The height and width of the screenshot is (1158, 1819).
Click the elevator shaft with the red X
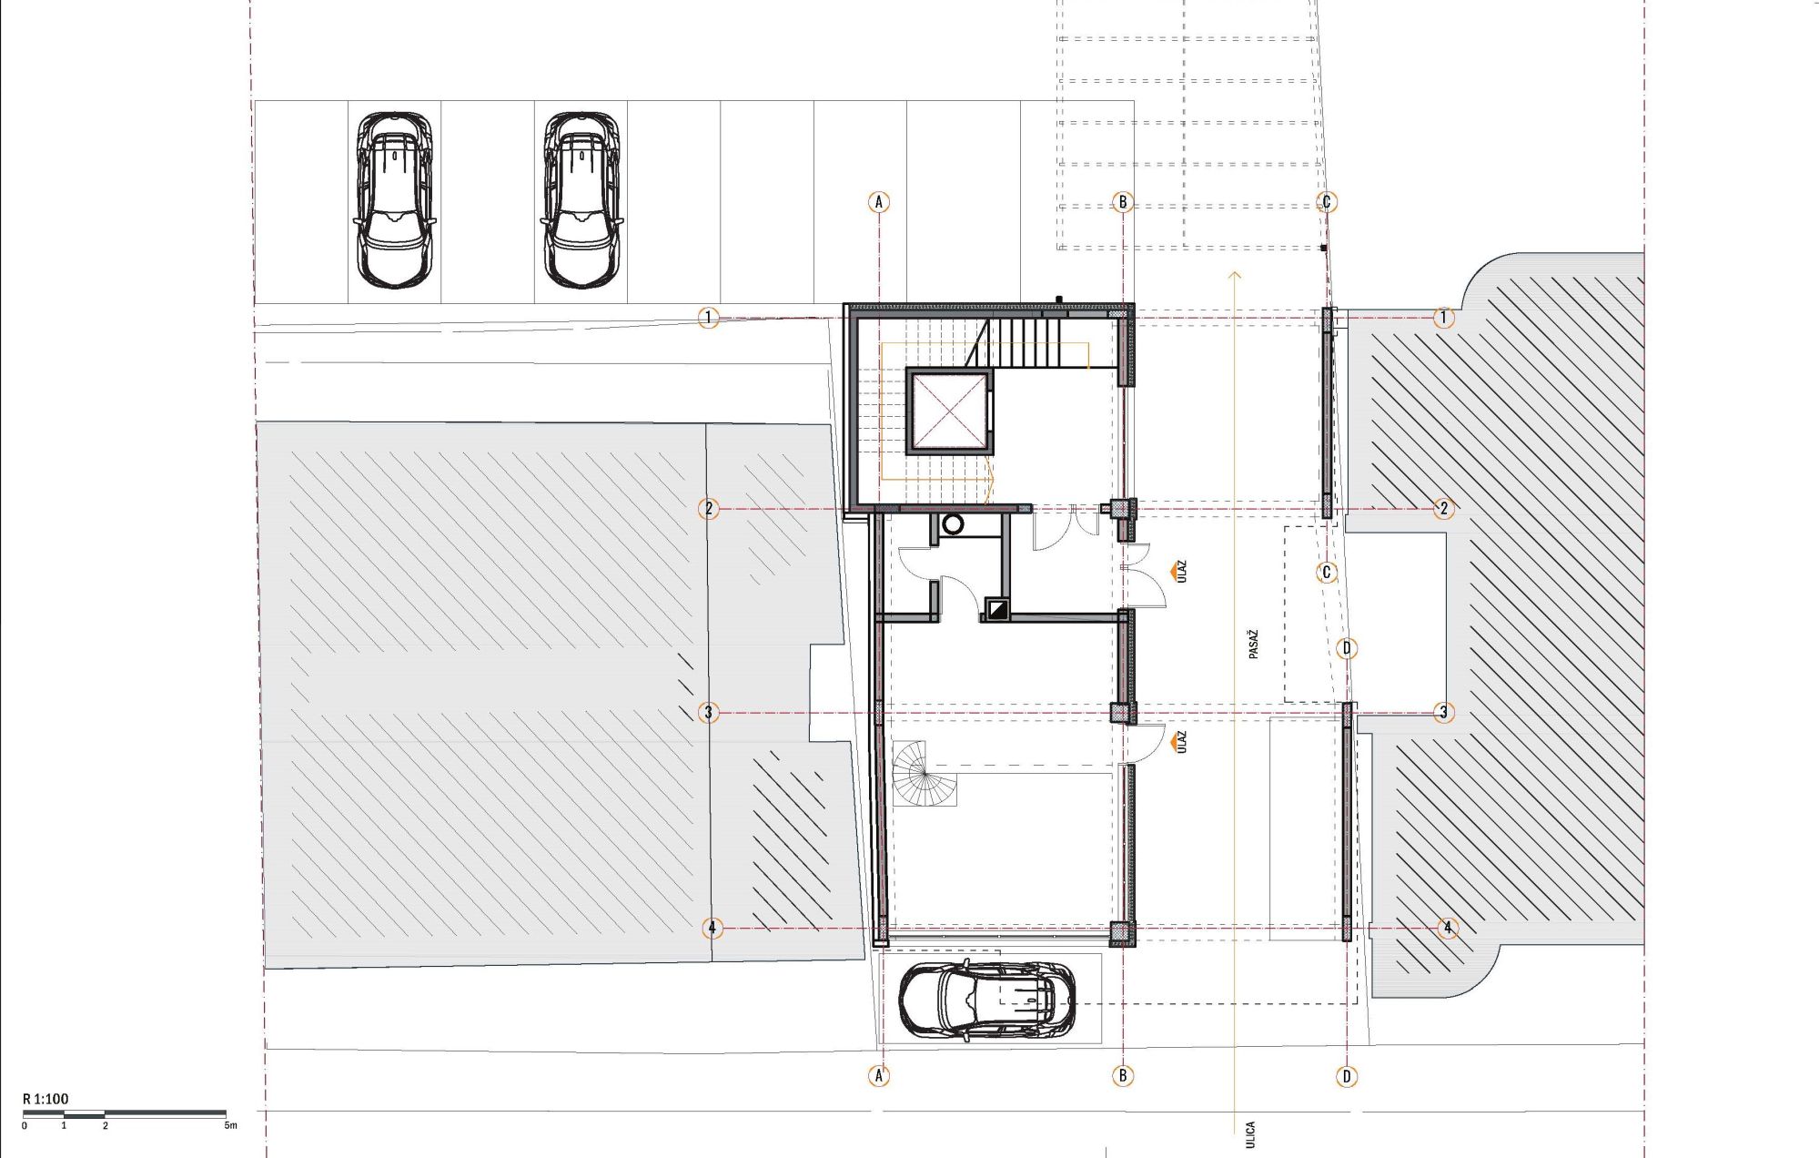[948, 411]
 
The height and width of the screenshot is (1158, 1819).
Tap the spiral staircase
[925, 773]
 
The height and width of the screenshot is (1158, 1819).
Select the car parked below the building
[987, 999]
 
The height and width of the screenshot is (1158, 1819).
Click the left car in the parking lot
[393, 200]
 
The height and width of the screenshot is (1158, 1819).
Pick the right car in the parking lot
[581, 200]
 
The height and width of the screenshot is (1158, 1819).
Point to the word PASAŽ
[1254, 644]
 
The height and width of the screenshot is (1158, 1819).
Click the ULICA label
[1250, 1134]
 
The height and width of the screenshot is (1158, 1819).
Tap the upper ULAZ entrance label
[1182, 572]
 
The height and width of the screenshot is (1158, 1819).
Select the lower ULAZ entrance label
[1182, 742]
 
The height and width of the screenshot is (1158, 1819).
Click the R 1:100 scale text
[45, 1099]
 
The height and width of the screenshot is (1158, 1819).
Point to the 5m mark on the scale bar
[230, 1125]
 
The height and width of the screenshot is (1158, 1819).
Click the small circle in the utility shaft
[953, 524]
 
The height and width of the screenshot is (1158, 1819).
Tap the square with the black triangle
[998, 608]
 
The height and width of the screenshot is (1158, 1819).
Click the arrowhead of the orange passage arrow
[1235, 274]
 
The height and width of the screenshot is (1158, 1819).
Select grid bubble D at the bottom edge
[1347, 1076]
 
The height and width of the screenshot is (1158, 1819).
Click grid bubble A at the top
[878, 202]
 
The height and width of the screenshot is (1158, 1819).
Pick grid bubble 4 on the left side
[712, 929]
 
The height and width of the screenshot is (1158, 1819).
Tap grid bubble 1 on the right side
[1443, 318]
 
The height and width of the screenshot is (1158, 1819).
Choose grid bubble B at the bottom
[1123, 1076]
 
